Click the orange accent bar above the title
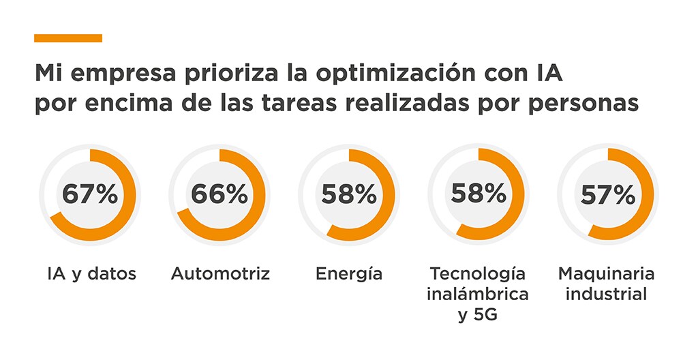click(67, 38)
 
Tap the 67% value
click(90, 194)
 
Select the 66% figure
click(219, 194)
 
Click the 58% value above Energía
click(349, 194)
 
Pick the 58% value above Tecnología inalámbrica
click(479, 194)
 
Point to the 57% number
click(608, 196)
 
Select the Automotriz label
click(220, 274)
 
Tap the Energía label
click(349, 275)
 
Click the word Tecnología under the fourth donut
click(478, 275)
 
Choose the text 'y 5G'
click(478, 316)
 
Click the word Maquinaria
click(606, 274)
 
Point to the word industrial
click(607, 295)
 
